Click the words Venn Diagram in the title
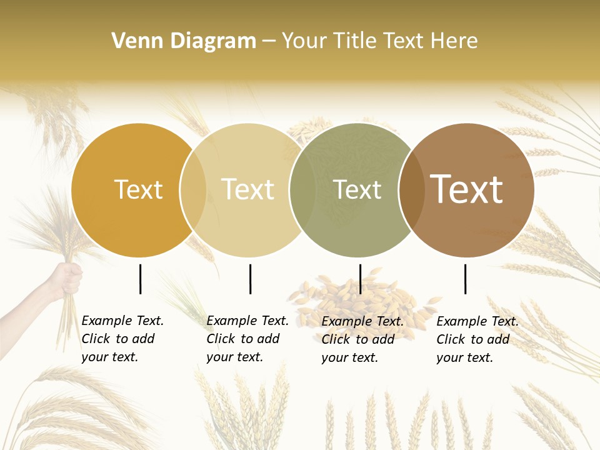(x=184, y=41)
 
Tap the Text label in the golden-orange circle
(x=138, y=190)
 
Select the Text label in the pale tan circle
(x=247, y=190)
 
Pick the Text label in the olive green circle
(x=357, y=190)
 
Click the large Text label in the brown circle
(x=466, y=189)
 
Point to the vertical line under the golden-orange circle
(x=141, y=279)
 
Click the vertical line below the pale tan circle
(x=250, y=279)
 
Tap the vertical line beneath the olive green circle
(x=360, y=279)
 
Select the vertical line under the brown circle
(x=466, y=279)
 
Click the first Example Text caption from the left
(x=122, y=339)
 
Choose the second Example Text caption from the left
(x=247, y=339)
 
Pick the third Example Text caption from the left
(x=362, y=339)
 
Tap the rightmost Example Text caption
(x=477, y=339)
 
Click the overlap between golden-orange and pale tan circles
(x=193, y=190)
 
